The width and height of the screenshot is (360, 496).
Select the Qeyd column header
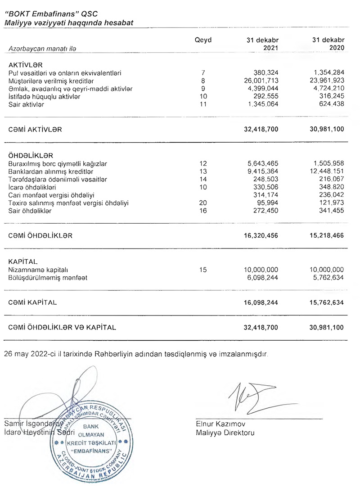pos(202,40)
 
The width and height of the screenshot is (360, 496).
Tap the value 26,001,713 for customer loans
pos(261,81)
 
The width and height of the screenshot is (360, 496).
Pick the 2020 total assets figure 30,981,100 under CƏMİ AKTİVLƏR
pos(327,129)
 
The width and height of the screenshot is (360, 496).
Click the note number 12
pos(203,163)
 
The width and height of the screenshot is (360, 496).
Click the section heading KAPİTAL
pos(23,262)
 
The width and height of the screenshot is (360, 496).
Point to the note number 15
pos(203,270)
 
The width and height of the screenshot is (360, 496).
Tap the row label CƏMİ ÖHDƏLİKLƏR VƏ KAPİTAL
pos(62,328)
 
